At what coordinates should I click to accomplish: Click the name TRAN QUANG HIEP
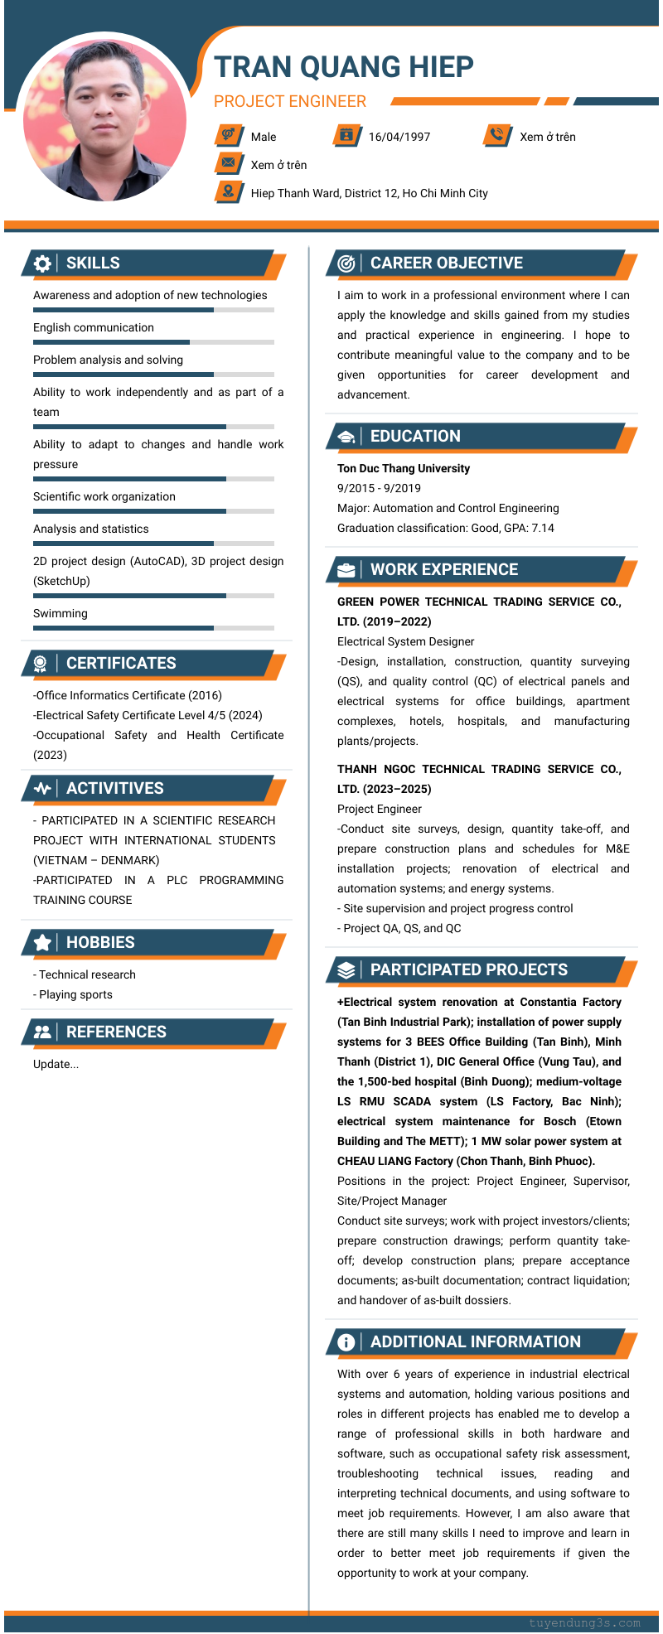tap(343, 67)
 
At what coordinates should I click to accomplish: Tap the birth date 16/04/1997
tap(399, 137)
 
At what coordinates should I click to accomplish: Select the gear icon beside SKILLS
tap(42, 263)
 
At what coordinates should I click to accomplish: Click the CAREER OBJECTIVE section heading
tap(446, 263)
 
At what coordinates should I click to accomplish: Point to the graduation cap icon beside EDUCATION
tap(346, 437)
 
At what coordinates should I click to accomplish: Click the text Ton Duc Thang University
tap(403, 468)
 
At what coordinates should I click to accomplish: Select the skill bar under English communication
tap(153, 342)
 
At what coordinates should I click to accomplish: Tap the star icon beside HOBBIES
tap(42, 943)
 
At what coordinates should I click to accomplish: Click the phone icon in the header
tap(496, 134)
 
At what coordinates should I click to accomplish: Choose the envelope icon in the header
tap(228, 162)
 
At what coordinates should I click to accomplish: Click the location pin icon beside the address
tap(227, 191)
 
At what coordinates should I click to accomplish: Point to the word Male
tap(264, 137)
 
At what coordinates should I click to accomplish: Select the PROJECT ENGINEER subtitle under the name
tap(289, 101)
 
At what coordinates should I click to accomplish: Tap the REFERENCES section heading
tap(116, 1032)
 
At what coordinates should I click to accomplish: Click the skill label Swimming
tap(60, 613)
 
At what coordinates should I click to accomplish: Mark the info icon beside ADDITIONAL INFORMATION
tap(346, 1342)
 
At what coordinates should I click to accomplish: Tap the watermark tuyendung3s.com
tap(584, 1622)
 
